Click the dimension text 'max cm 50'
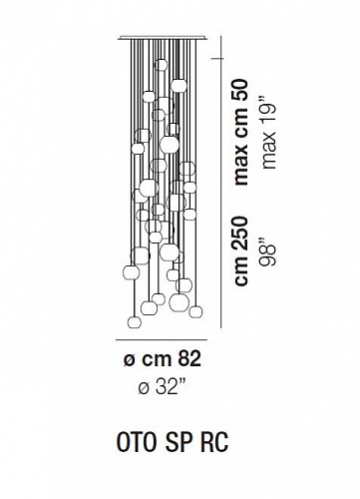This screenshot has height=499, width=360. [241, 132]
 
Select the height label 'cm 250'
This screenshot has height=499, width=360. [241, 251]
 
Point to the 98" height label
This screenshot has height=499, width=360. [268, 254]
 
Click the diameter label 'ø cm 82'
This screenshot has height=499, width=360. [163, 359]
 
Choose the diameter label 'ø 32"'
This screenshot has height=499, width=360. [163, 387]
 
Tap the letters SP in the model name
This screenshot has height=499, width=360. [180, 443]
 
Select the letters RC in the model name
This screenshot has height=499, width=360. [215, 443]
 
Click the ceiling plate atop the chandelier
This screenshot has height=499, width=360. [163, 38]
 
